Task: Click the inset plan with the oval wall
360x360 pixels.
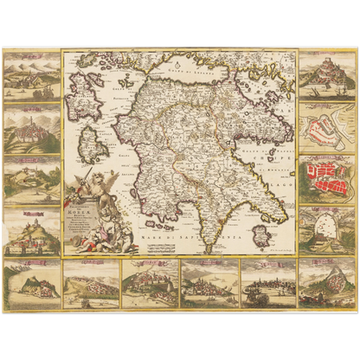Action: (320, 228)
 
